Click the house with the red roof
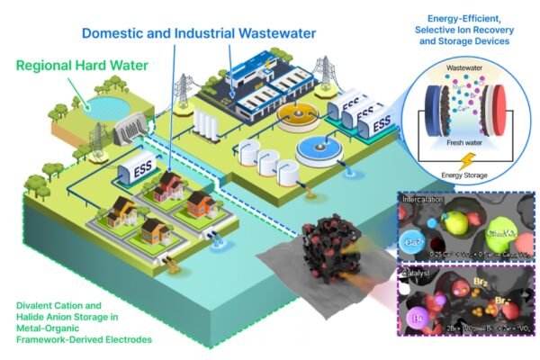point(170,186)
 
